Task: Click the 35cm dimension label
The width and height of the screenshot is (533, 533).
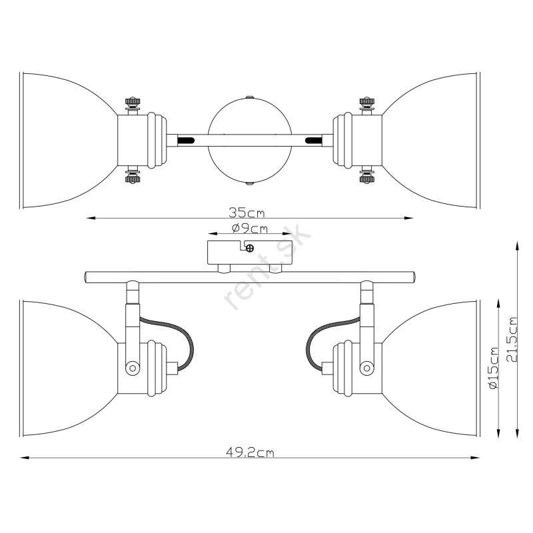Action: tap(247, 213)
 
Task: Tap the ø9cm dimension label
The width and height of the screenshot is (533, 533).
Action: tap(250, 229)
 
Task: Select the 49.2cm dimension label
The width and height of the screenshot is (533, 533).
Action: tap(250, 452)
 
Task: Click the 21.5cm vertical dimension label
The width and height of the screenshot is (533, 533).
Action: tap(511, 340)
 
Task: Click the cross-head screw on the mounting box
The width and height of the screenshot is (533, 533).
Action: tap(250, 248)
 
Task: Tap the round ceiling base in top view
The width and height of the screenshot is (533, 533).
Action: tap(250, 141)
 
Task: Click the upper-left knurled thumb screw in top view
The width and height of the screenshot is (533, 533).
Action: tap(133, 103)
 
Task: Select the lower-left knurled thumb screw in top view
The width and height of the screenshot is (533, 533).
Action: tap(133, 178)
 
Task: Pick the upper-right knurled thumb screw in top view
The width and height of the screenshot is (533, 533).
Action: tap(367, 103)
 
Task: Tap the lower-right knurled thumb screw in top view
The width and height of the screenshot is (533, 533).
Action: tap(367, 178)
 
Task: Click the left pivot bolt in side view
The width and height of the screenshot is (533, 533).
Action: tap(132, 368)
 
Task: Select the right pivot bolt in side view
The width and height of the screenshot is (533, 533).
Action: tap(367, 368)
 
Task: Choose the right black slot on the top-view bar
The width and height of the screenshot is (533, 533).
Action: tap(314, 140)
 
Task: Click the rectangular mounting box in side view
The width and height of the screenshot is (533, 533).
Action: tap(250, 253)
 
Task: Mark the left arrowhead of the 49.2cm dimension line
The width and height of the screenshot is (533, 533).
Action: tap(23, 458)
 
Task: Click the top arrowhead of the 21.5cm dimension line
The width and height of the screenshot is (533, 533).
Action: tap(517, 245)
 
